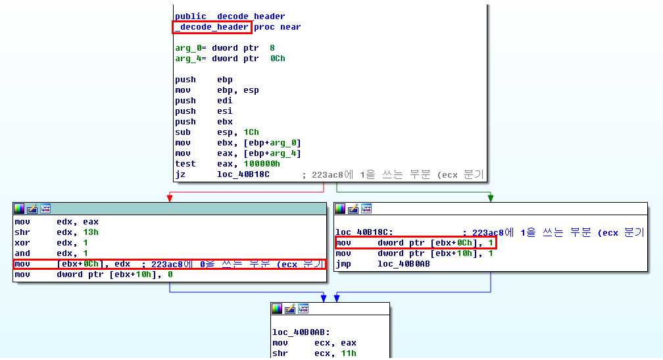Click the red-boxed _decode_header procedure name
(x=211, y=27)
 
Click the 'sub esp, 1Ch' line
(x=216, y=132)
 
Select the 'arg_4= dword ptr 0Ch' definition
(x=230, y=59)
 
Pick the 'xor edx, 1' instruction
(x=53, y=243)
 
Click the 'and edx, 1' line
(x=53, y=253)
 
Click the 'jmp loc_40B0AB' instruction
(x=382, y=264)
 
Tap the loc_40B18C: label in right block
(x=364, y=232)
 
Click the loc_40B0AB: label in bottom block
(x=301, y=332)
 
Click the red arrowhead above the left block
(x=170, y=197)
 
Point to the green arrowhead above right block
(x=491, y=197)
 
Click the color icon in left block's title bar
(x=19, y=209)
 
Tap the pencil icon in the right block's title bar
(x=353, y=209)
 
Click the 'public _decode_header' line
(x=230, y=16)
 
